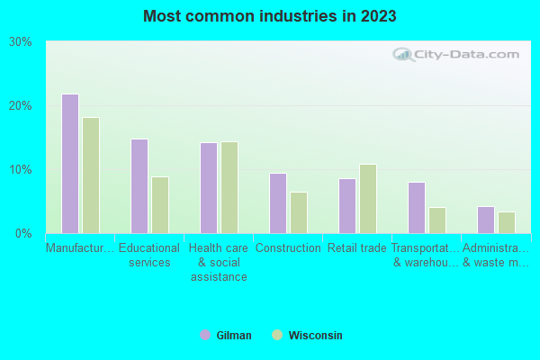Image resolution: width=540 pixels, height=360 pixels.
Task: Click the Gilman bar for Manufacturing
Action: click(69, 164)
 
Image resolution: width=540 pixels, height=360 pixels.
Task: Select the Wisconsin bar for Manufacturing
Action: click(91, 175)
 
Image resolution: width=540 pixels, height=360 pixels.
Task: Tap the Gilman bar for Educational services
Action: click(139, 186)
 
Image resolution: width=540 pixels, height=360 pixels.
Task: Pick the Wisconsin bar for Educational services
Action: click(160, 205)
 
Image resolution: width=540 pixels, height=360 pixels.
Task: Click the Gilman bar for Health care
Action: click(209, 188)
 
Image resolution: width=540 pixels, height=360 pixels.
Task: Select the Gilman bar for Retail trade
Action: click(347, 206)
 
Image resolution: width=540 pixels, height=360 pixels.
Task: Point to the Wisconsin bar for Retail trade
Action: click(368, 199)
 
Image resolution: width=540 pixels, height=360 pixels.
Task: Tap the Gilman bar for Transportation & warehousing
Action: click(417, 208)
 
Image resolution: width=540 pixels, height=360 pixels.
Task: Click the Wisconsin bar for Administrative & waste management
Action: click(507, 222)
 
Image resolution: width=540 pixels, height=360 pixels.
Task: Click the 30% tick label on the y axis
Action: click(20, 42)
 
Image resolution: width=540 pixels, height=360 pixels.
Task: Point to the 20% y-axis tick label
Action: click(20, 106)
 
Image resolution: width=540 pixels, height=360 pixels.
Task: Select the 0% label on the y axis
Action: click(23, 234)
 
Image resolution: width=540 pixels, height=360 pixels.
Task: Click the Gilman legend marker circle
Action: click(205, 335)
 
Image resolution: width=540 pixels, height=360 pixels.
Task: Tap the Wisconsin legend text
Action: click(315, 336)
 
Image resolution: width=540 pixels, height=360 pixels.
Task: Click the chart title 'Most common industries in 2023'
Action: click(269, 16)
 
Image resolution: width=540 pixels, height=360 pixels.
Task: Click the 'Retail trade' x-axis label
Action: click(357, 248)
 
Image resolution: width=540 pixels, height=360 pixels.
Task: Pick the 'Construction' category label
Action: click(288, 248)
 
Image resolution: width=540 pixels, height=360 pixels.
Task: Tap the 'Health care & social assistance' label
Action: click(219, 262)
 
